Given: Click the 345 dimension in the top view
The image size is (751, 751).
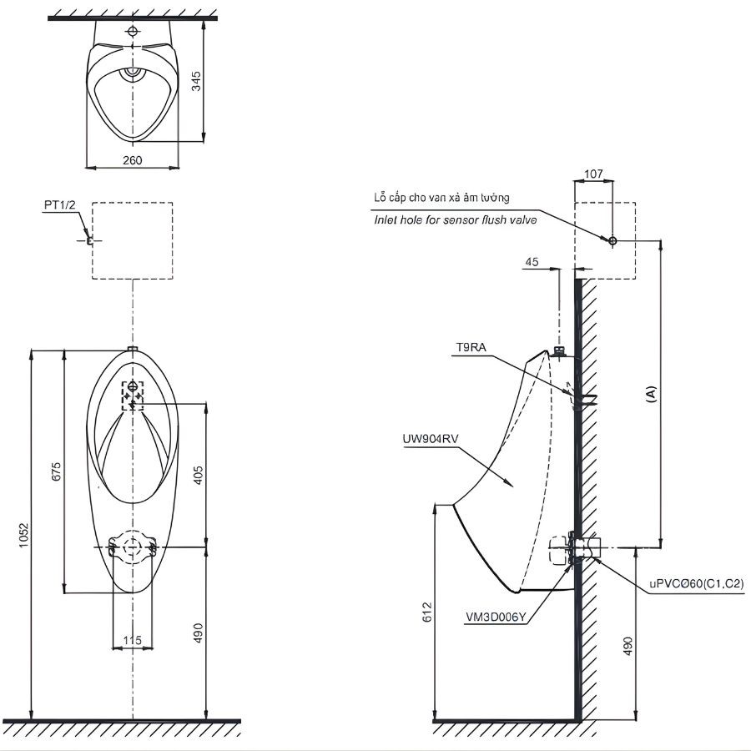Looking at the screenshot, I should click(x=197, y=80).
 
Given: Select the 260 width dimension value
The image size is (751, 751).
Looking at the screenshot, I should click(x=133, y=160).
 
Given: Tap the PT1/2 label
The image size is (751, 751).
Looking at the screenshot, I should click(x=59, y=204).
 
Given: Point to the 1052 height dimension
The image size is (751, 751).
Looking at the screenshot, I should click(x=24, y=535).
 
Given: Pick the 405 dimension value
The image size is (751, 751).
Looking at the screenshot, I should click(x=198, y=474).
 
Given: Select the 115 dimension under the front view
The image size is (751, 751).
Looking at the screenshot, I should click(x=133, y=640).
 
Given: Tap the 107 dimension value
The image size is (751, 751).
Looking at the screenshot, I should click(x=593, y=174).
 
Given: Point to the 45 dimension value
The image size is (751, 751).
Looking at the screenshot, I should click(x=532, y=261).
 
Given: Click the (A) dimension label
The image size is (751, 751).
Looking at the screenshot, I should click(x=652, y=393).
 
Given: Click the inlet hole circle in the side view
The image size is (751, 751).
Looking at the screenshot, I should click(x=612, y=240).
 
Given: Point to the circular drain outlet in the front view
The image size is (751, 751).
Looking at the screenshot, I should click(x=133, y=547).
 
